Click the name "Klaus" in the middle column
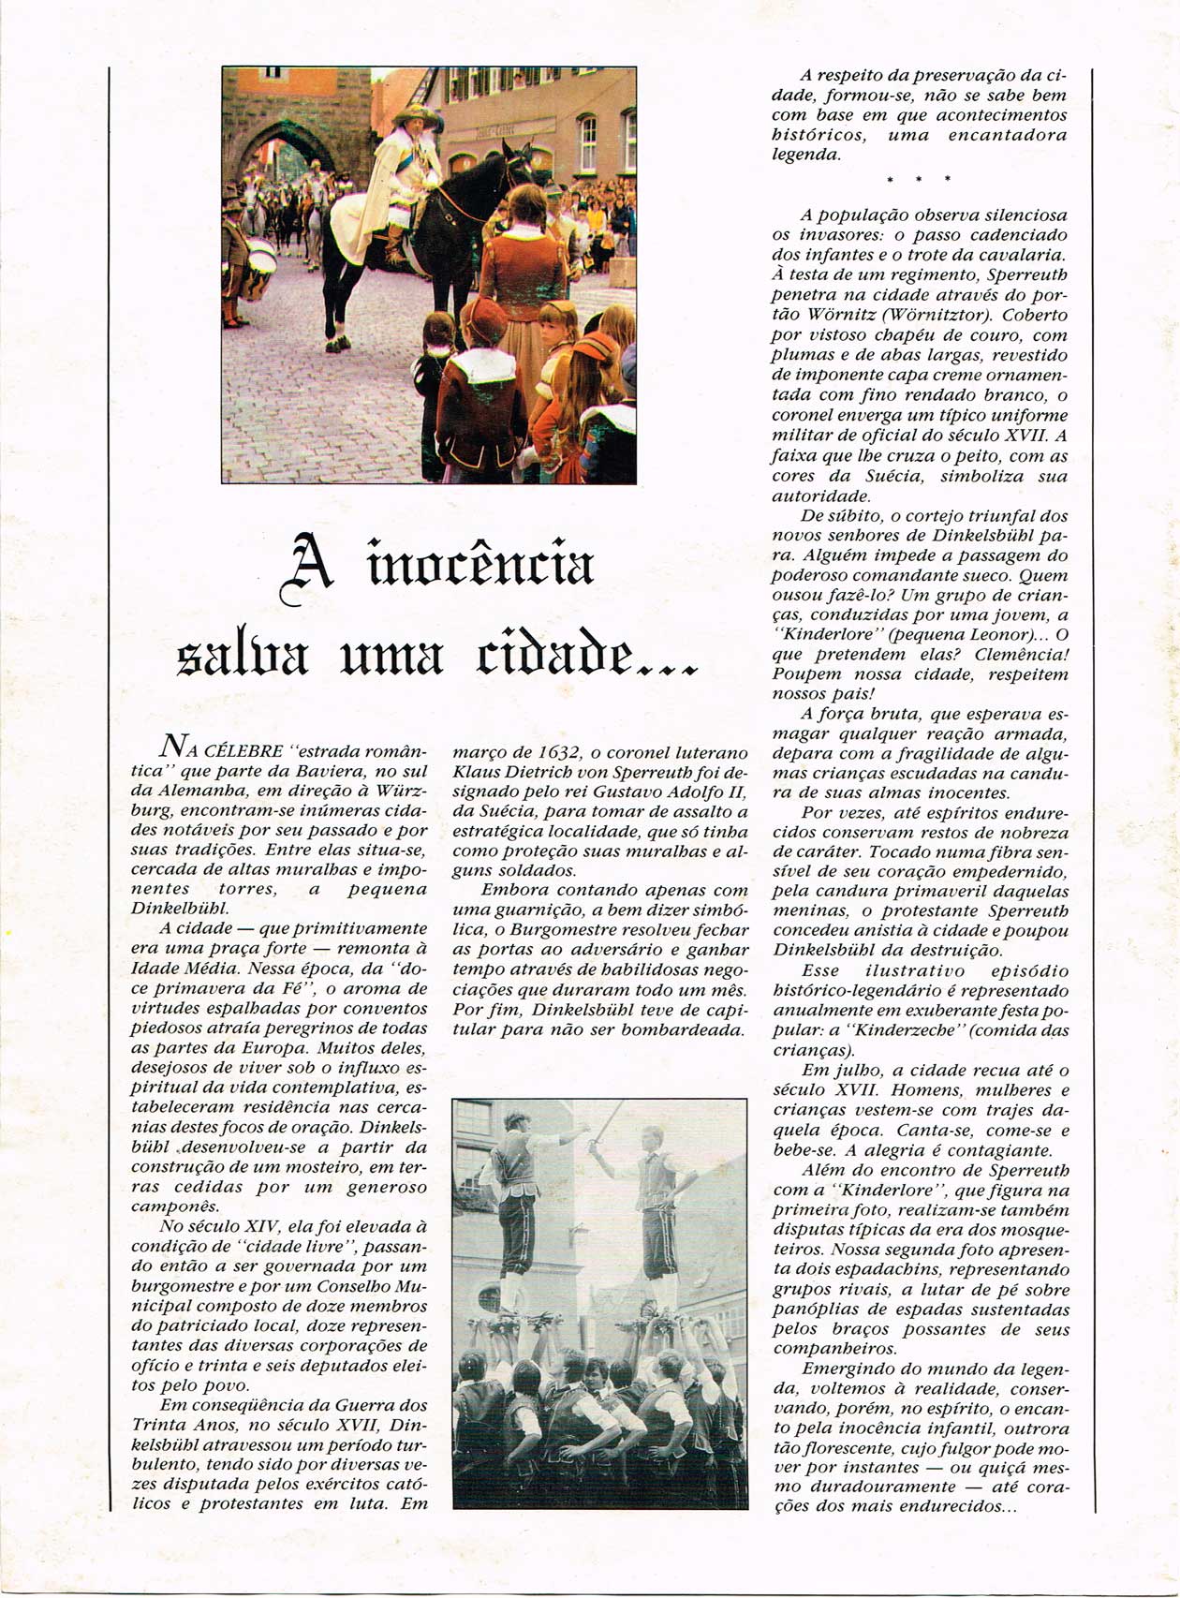(x=476, y=772)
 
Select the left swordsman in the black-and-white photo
(x=515, y=1190)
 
